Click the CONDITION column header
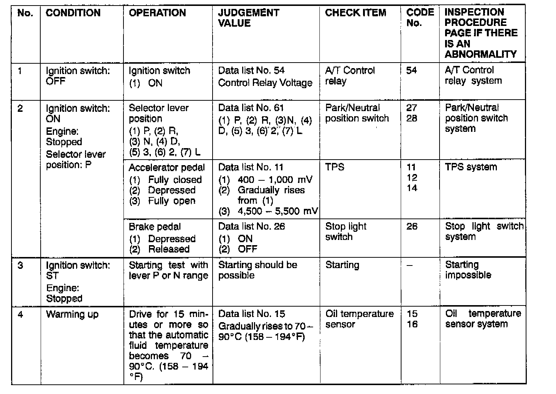[x=73, y=13]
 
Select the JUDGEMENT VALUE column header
[x=248, y=18]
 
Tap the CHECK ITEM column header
[x=355, y=13]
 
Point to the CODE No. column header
[x=420, y=18]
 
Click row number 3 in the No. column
[x=20, y=266]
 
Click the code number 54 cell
[x=411, y=70]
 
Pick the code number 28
[x=411, y=118]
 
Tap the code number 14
[x=411, y=188]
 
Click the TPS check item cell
[x=335, y=167]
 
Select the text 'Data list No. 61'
[x=251, y=108]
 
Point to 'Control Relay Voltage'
[x=265, y=83]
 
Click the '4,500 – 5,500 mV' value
[x=278, y=211]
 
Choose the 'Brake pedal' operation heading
[x=155, y=227]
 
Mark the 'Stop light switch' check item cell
[x=345, y=231]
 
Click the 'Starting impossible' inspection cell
[x=468, y=270]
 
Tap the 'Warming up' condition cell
[x=72, y=315]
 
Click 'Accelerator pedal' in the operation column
[x=166, y=168]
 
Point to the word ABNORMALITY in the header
[x=480, y=54]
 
